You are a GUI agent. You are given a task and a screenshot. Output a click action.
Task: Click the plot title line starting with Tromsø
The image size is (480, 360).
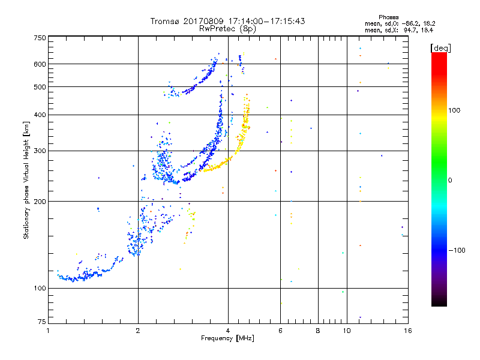[227, 21]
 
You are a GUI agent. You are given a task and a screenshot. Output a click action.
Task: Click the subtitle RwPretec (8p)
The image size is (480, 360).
[227, 28]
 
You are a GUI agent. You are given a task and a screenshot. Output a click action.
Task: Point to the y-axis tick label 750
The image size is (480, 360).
[40, 38]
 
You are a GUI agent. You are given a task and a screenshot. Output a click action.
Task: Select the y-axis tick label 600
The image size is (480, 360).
[40, 64]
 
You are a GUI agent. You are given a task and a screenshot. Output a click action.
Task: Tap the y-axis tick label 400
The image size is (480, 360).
[40, 115]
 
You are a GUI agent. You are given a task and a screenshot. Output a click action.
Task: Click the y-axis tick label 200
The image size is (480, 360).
[40, 201]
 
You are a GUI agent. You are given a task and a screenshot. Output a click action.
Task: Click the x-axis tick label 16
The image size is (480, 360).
[407, 331]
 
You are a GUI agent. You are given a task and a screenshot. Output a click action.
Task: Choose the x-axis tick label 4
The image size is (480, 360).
[228, 331]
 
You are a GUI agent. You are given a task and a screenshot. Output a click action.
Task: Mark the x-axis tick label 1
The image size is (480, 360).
[49, 331]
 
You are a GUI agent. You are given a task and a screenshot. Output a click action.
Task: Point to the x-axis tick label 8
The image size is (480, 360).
[318, 331]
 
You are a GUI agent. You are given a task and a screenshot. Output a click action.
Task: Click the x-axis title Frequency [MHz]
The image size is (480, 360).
[227, 339]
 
